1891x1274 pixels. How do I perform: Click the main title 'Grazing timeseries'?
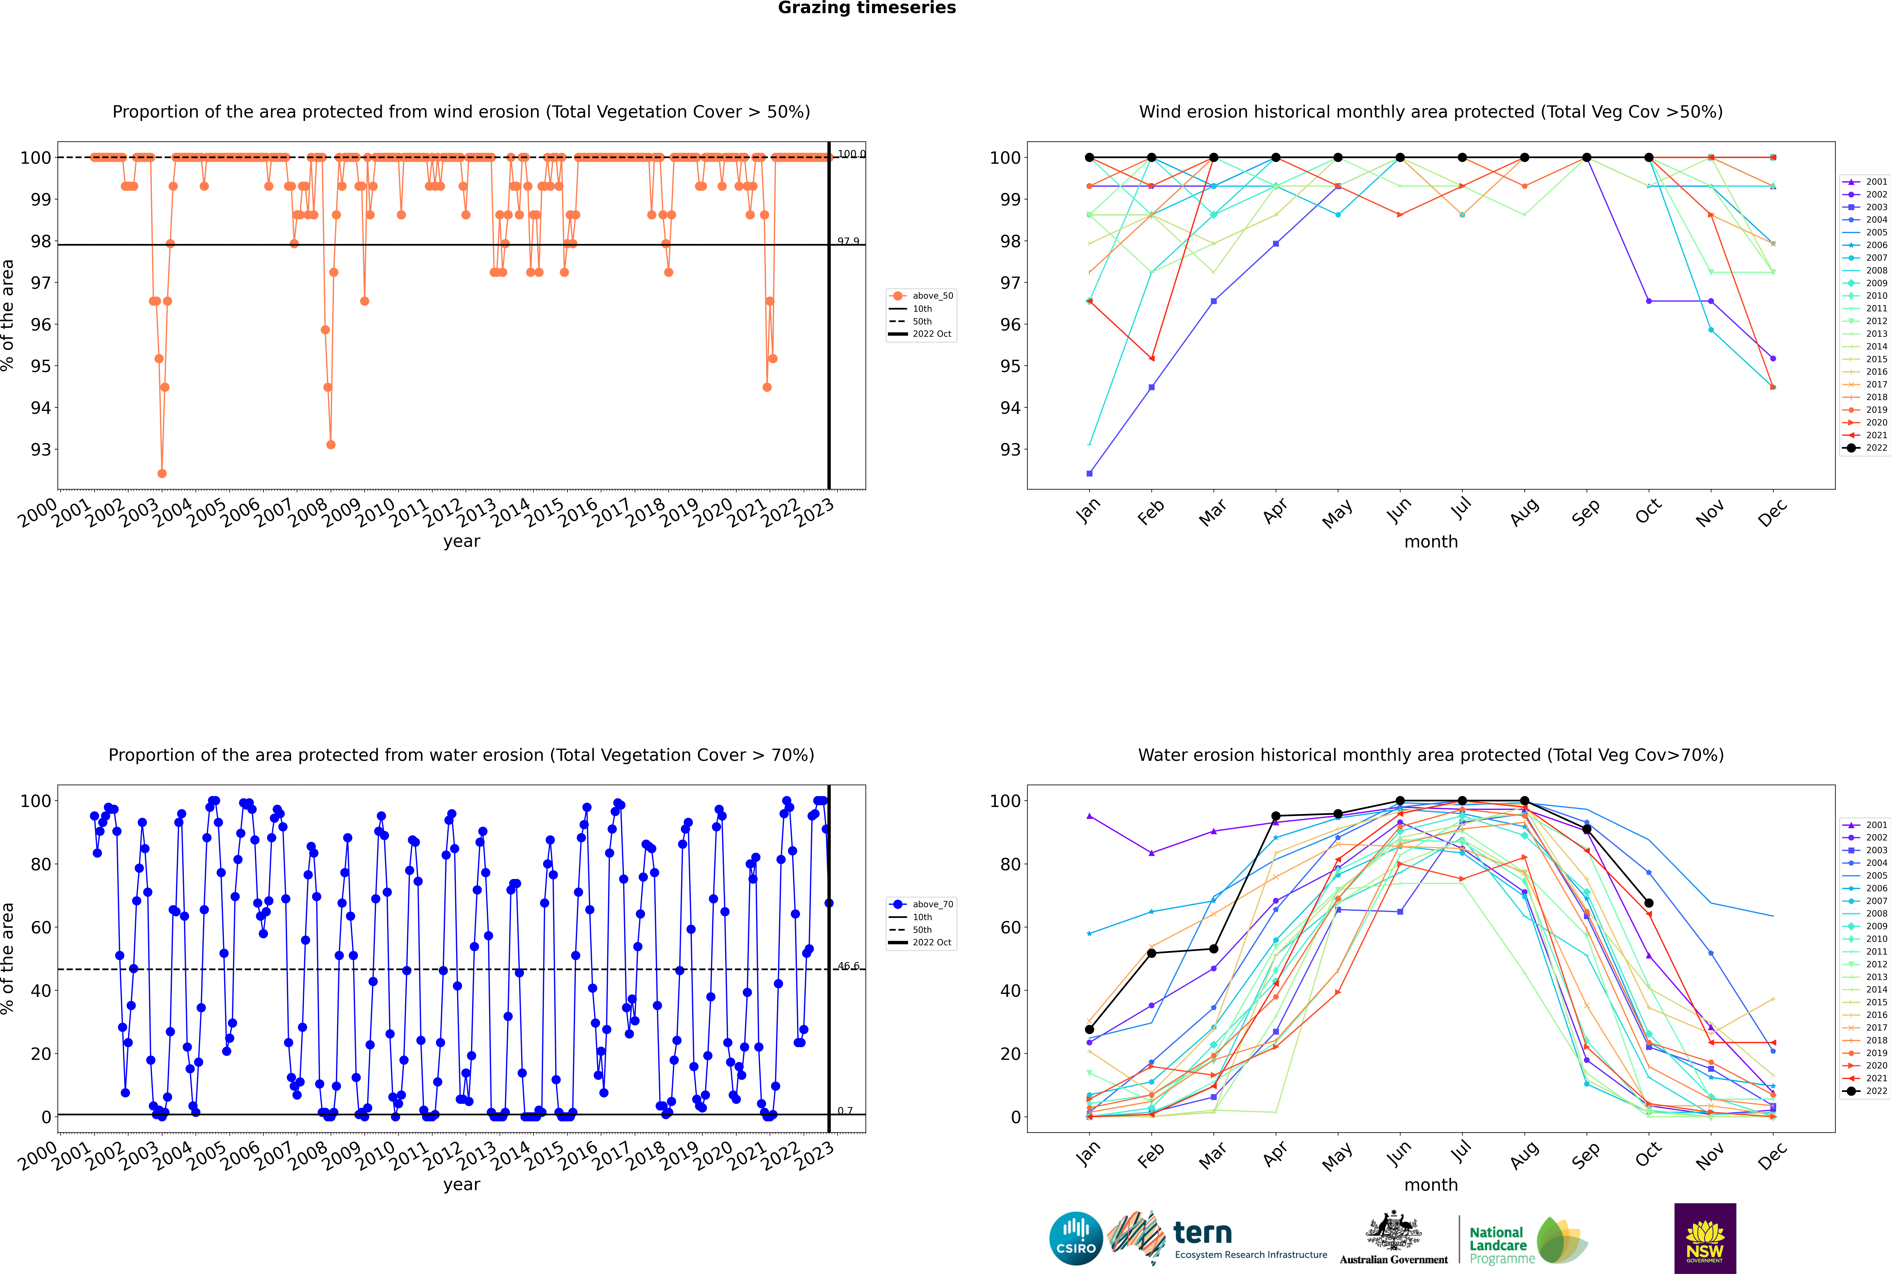pyautogui.click(x=867, y=8)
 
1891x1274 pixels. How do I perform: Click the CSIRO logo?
pyautogui.click(x=1076, y=1238)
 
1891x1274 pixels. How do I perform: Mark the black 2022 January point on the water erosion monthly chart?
pyautogui.click(x=1089, y=1029)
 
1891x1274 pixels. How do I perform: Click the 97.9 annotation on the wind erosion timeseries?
pyautogui.click(x=848, y=241)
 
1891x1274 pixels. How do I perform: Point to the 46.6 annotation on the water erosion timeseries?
pyautogui.click(x=848, y=966)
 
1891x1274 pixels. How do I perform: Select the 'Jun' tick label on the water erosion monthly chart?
pyautogui.click(x=1398, y=1154)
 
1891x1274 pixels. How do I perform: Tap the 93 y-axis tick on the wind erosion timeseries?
pyautogui.click(x=41, y=449)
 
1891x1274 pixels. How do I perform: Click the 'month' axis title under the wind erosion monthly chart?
pyautogui.click(x=1431, y=542)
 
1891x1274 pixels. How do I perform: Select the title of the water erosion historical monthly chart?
pyautogui.click(x=1431, y=755)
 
